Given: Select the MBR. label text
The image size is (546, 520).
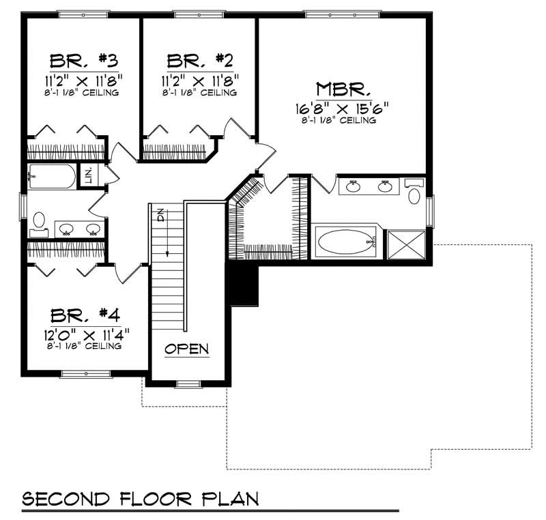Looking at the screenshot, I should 343,89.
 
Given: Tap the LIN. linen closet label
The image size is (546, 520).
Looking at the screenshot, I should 88,175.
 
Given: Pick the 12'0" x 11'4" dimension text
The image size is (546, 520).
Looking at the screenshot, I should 85,334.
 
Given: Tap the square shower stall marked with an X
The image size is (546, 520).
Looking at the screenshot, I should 406,244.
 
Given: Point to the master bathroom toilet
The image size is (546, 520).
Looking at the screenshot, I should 414,194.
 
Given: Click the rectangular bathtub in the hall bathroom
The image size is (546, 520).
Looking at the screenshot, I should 53,177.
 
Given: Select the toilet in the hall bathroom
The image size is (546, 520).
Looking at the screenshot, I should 38,221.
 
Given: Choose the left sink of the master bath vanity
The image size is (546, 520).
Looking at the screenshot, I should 354,186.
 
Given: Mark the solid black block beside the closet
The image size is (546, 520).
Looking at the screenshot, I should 244,284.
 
